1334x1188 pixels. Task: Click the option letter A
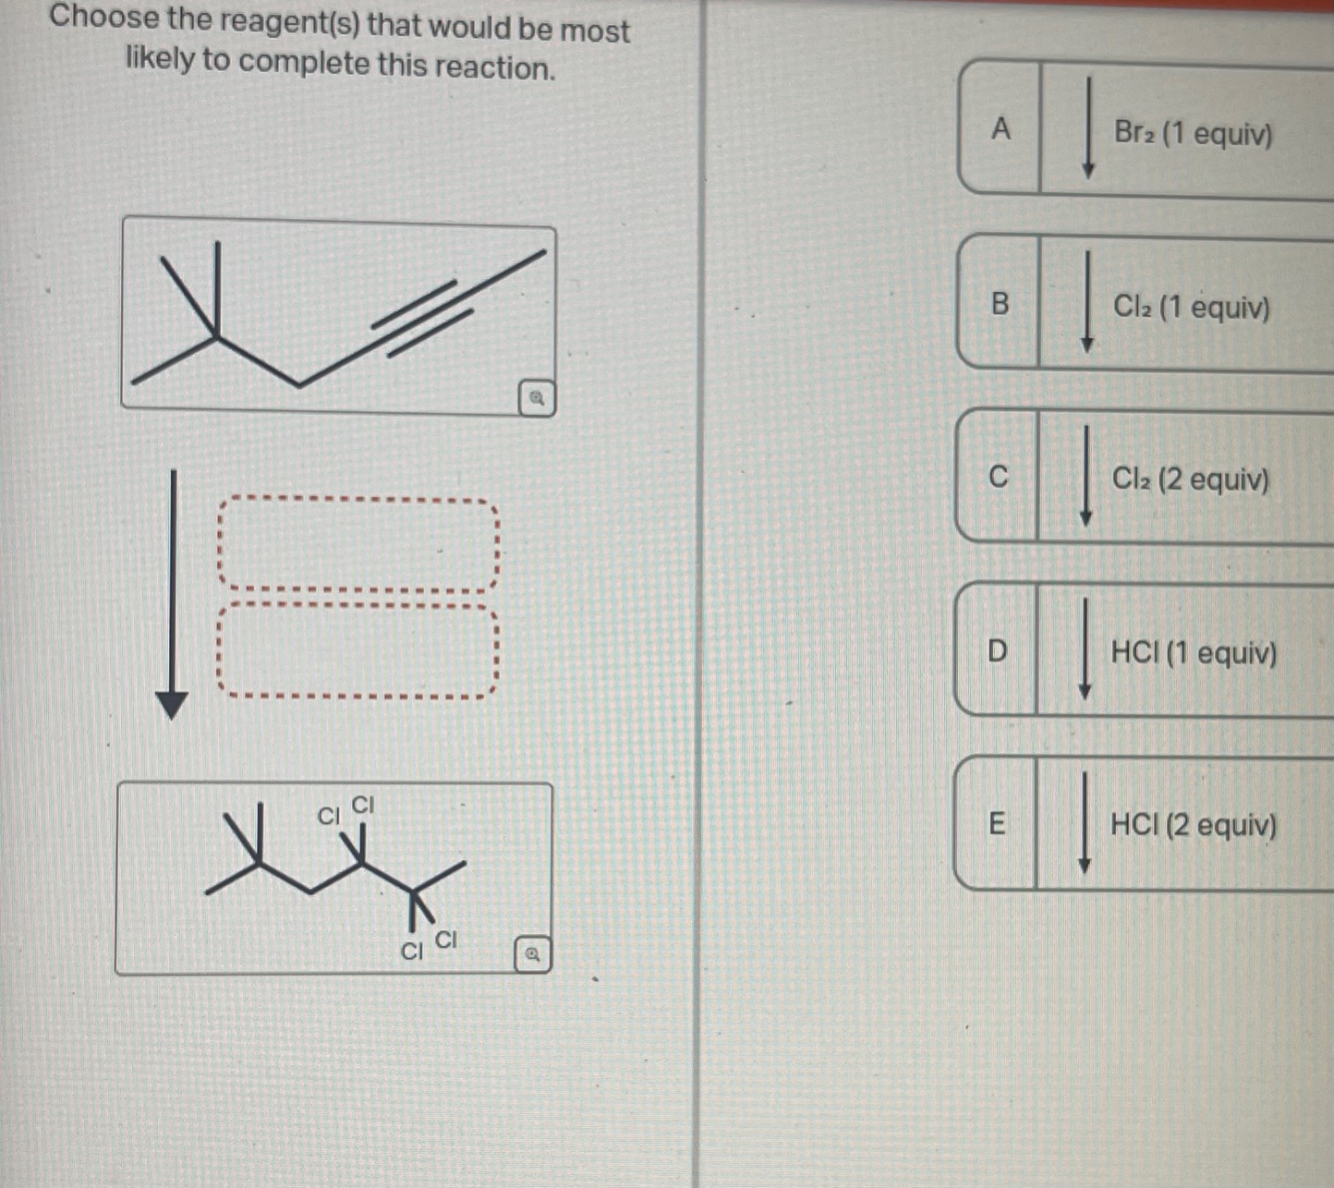(1000, 129)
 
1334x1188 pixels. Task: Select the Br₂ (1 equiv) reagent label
(1193, 134)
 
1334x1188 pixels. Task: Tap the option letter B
(1000, 303)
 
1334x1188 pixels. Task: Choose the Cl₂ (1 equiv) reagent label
(1191, 307)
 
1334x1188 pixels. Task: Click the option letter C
(998, 477)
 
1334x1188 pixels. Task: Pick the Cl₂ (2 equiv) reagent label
(1190, 479)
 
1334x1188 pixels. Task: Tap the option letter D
(997, 651)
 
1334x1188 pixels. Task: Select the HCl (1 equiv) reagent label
(1193, 653)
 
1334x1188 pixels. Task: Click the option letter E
(996, 823)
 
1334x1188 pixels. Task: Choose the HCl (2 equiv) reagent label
(1193, 825)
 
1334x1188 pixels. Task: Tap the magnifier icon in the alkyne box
(536, 399)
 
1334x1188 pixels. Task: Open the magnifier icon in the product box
(532, 954)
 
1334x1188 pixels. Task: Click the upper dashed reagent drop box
(358, 544)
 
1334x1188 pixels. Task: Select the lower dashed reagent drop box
(358, 650)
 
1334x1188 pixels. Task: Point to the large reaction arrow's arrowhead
(172, 705)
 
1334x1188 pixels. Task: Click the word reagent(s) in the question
(264, 21)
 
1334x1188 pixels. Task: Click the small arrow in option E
(1085, 823)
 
